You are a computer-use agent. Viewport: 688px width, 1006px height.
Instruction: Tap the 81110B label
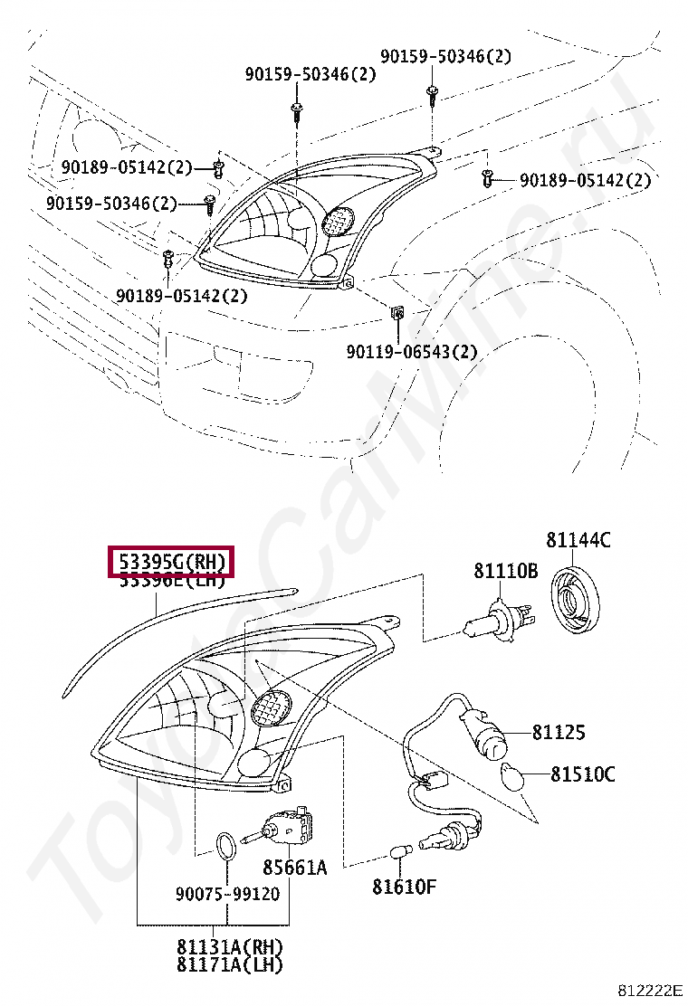[x=505, y=571]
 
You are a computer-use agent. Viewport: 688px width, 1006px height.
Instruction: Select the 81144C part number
[x=578, y=541]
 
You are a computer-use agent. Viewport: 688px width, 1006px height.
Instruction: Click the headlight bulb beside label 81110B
[x=498, y=622]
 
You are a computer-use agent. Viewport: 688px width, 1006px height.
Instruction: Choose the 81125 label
[x=559, y=732]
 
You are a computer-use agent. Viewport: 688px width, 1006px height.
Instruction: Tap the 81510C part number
[x=583, y=774]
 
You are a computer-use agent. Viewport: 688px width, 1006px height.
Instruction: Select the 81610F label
[x=404, y=887]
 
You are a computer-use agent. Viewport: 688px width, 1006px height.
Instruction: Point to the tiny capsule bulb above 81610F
[x=399, y=851]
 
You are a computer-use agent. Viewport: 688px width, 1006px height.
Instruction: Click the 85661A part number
[x=294, y=868]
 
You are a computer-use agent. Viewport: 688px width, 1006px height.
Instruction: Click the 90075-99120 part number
[x=227, y=894]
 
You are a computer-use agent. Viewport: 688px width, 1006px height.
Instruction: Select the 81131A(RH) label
[x=230, y=946]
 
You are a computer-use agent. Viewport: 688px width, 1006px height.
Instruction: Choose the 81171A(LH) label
[x=230, y=965]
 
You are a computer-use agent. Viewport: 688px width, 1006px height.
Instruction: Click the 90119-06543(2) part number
[x=412, y=351]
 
